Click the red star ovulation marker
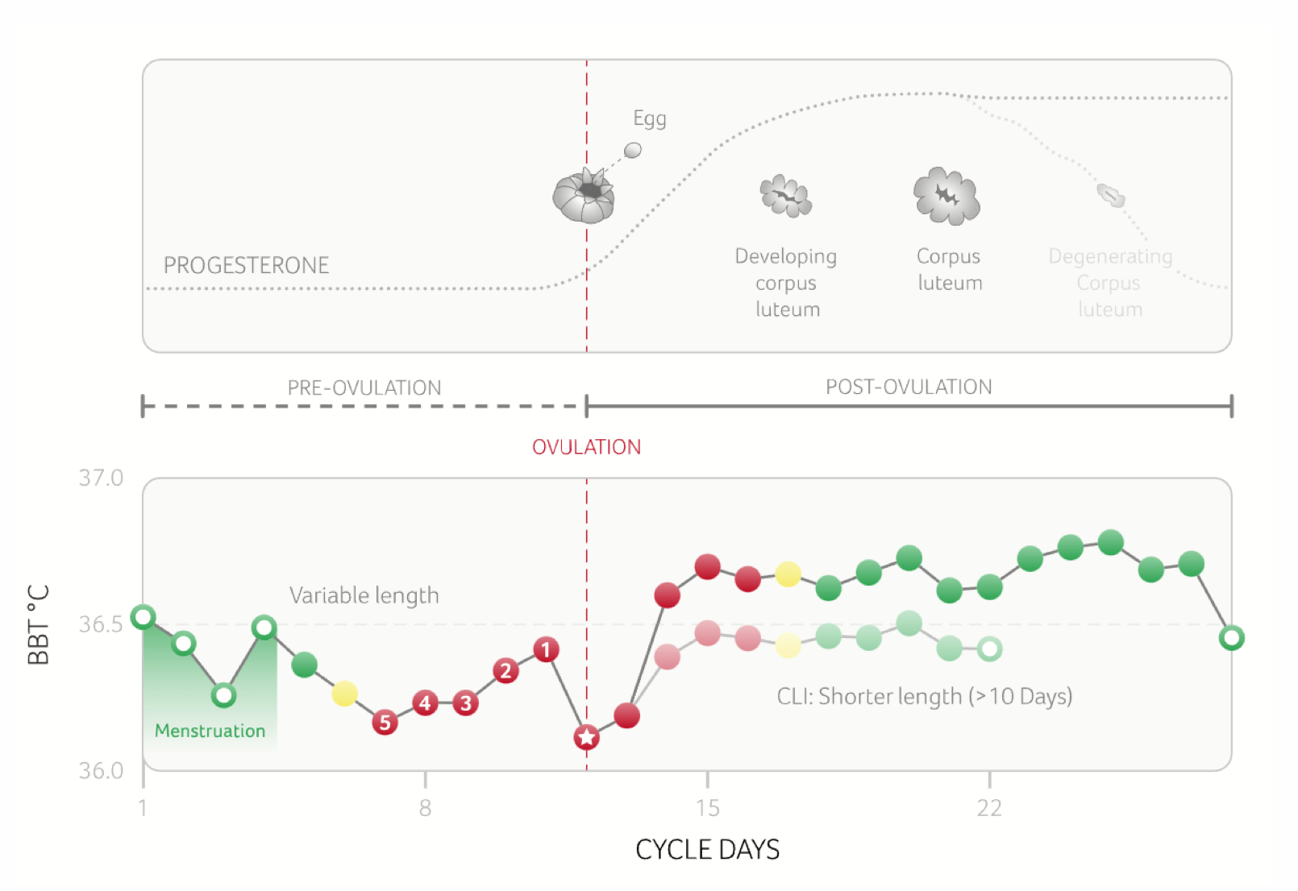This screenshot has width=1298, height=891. (586, 736)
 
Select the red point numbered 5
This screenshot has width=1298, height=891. (385, 722)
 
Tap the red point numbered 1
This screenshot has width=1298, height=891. (546, 649)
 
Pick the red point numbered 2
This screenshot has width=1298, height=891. (505, 670)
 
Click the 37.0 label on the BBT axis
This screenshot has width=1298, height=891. (101, 478)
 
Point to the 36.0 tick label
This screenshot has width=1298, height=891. (101, 771)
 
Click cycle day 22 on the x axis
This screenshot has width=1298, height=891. (989, 808)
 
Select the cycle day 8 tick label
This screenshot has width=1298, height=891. (425, 808)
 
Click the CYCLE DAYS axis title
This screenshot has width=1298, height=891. (707, 850)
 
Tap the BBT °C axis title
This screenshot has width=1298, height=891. (38, 624)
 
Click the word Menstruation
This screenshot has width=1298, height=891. (210, 731)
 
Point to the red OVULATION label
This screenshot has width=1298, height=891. (586, 447)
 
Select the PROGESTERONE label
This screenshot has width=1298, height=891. (246, 265)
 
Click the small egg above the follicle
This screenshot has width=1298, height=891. (633, 150)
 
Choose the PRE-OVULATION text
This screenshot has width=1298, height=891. (364, 387)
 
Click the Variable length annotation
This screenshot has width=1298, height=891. (364, 595)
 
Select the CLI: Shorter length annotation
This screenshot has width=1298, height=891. (924, 696)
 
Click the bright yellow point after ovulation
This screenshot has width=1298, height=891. (788, 574)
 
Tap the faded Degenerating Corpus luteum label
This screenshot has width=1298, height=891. (1110, 282)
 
